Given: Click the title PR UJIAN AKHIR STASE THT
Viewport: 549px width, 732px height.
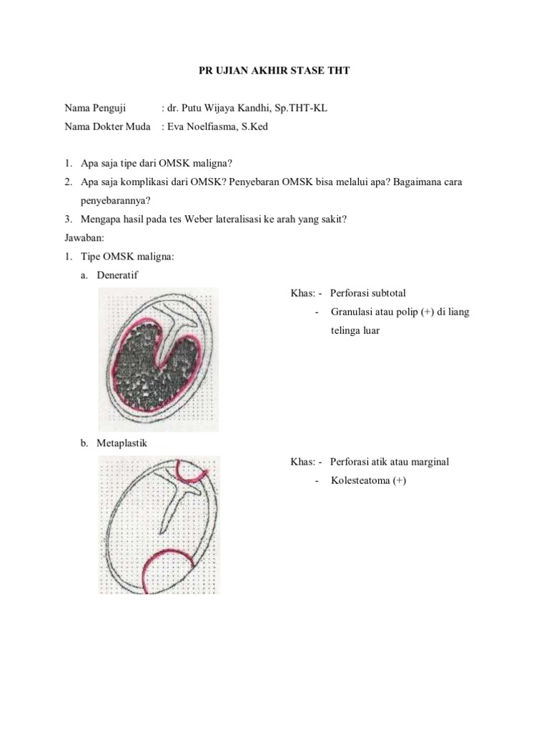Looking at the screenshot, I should click(x=274, y=72).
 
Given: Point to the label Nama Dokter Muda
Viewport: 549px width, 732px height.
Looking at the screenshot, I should click(x=107, y=127).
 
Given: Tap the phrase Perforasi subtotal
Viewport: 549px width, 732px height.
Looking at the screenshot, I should click(x=368, y=294).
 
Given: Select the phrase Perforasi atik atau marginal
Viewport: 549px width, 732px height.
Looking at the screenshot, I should click(x=390, y=462).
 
